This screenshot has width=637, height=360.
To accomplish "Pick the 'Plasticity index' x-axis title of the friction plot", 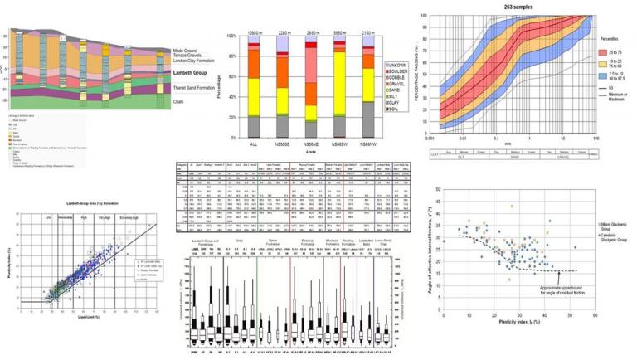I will pos(508,329).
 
